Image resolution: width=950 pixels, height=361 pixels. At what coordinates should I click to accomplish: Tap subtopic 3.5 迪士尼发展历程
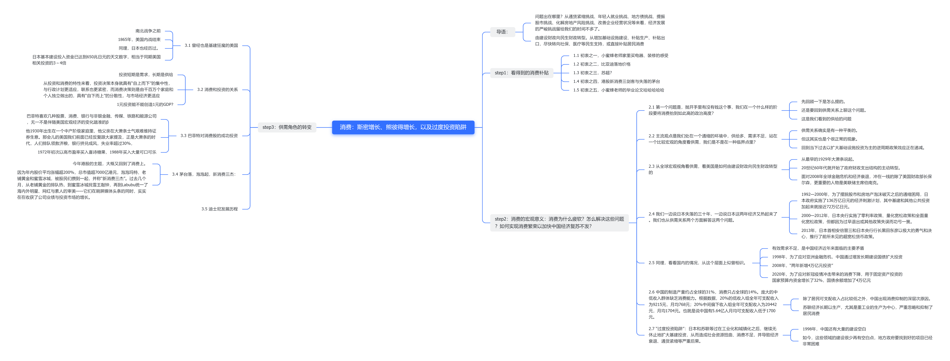coord(219,209)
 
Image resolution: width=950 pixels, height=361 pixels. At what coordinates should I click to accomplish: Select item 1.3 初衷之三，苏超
coord(592,73)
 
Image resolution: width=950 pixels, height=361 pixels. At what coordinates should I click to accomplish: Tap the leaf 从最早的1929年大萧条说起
coord(827,159)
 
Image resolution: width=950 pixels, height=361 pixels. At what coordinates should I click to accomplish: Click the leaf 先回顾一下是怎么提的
coord(823,102)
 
